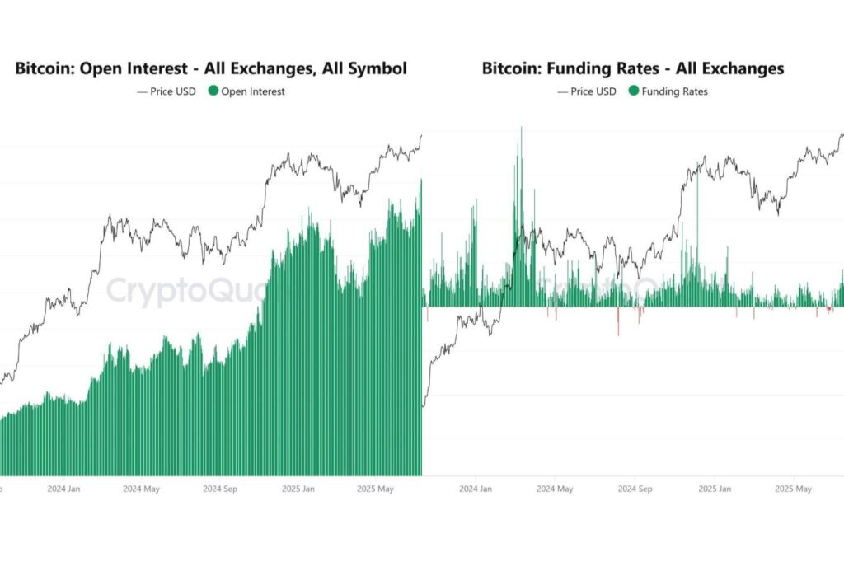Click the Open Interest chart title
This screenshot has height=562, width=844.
coord(211,68)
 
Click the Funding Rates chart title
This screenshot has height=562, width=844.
coord(633,68)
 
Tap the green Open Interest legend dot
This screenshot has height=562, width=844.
coord(213,91)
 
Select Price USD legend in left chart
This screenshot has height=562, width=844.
coord(167,91)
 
